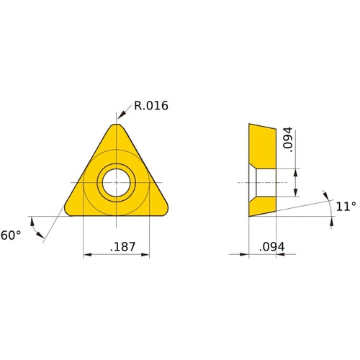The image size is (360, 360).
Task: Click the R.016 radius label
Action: pyautogui.click(x=150, y=106)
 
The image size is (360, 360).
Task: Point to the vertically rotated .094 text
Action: pyautogui.click(x=288, y=140)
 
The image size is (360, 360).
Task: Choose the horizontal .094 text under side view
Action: pyautogui.click(x=271, y=247)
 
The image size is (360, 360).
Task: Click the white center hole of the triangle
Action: pyautogui.click(x=117, y=182)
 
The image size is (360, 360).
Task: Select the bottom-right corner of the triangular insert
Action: pyautogui.click(x=166, y=211)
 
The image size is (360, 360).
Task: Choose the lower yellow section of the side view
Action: pyautogui.click(x=262, y=204)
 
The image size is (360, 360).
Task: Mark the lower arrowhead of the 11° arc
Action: pyautogui.click(x=332, y=223)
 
